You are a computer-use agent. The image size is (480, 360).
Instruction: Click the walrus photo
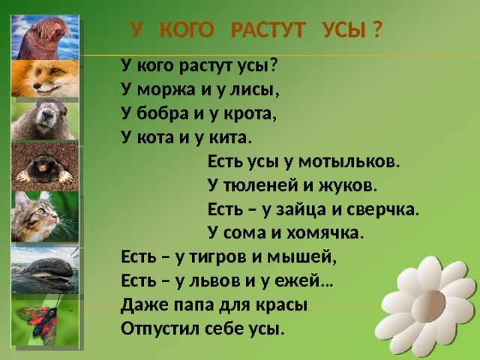(x=45, y=37)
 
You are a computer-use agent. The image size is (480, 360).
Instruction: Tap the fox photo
(x=45, y=79)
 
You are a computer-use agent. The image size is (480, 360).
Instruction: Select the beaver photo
(x=45, y=119)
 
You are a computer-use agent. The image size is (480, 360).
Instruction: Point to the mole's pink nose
(x=42, y=167)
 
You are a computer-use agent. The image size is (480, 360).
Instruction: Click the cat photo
(x=45, y=217)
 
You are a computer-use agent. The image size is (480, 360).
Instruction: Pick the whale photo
(x=45, y=268)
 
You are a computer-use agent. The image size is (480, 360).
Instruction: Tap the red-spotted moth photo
(x=45, y=320)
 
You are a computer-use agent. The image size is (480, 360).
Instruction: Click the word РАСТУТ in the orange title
(x=268, y=31)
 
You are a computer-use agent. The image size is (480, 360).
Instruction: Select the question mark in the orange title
(x=378, y=31)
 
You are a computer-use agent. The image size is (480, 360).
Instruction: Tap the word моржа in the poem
(x=166, y=90)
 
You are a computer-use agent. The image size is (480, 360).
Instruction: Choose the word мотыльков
(x=349, y=162)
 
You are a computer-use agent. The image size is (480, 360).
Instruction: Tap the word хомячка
(x=325, y=233)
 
